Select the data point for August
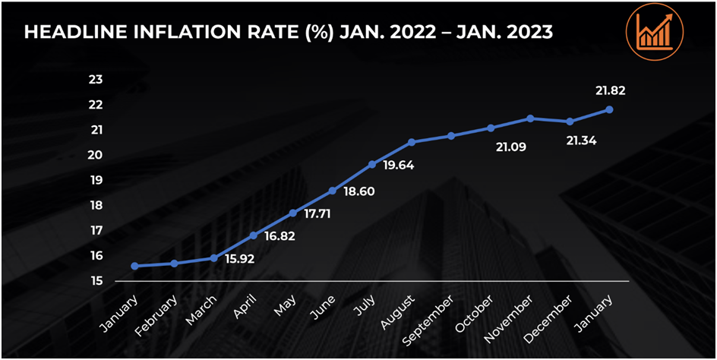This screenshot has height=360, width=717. pos(412,142)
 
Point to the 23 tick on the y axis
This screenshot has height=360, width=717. pos(96,80)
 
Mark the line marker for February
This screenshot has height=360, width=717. pos(175,263)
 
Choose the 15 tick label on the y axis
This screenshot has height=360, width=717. pos(96,281)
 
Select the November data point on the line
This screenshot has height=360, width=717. pos(530,118)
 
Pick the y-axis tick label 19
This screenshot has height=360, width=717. pos(96,180)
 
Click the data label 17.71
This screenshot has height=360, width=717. pos(317,214)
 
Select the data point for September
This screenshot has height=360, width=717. pos(451,136)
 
